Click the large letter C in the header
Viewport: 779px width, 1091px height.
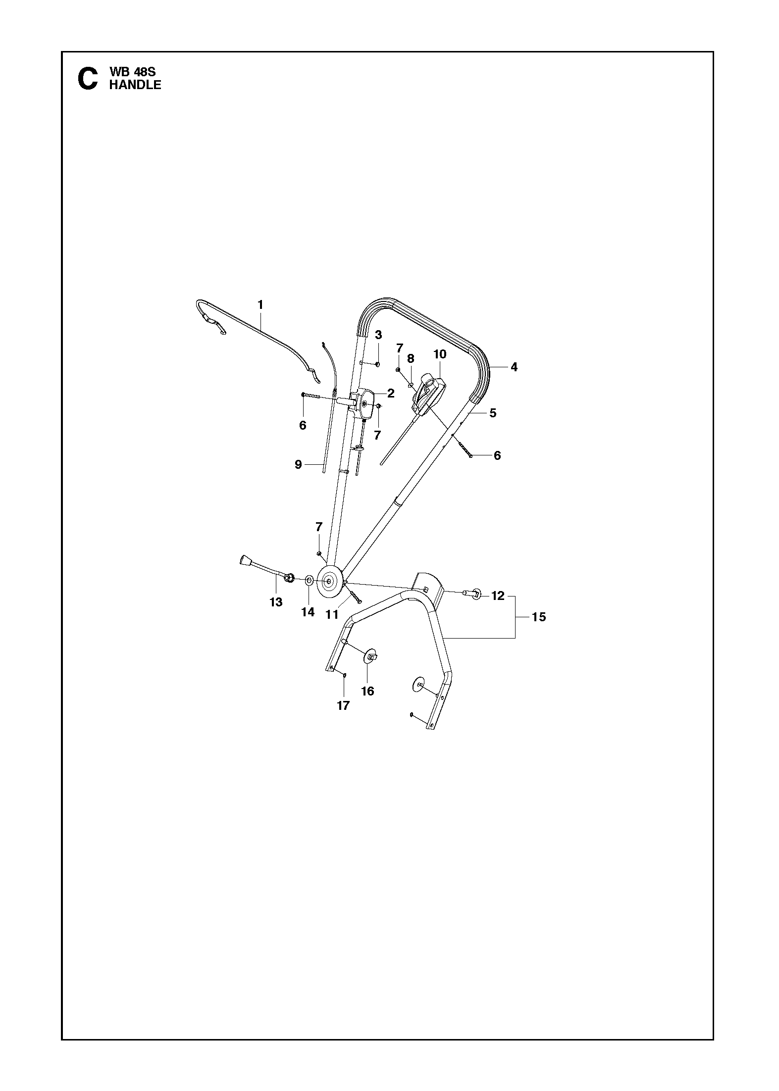88,79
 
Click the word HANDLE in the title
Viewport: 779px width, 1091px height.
135,85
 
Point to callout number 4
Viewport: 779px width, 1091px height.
514,367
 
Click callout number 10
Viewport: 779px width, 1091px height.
440,354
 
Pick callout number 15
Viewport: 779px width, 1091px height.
539,617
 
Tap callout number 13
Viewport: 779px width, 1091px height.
276,601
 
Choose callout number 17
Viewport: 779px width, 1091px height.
343,705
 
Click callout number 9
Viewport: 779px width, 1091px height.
298,464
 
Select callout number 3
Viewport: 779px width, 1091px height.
378,335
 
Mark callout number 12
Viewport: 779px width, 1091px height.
498,596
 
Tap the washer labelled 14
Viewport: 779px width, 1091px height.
308,580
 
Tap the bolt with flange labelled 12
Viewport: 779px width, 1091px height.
474,593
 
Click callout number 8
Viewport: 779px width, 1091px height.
411,358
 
